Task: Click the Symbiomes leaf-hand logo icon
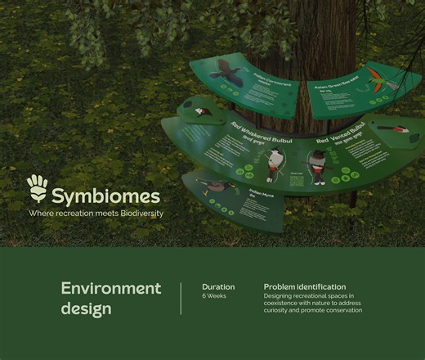[x=38, y=188]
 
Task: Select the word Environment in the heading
[x=111, y=288]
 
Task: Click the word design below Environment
[x=86, y=309]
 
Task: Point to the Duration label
[x=218, y=287]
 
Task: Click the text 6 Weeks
[x=214, y=296]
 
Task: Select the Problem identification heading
[x=304, y=287]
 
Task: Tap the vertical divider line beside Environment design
[x=181, y=299]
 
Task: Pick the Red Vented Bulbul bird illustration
[x=315, y=173]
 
